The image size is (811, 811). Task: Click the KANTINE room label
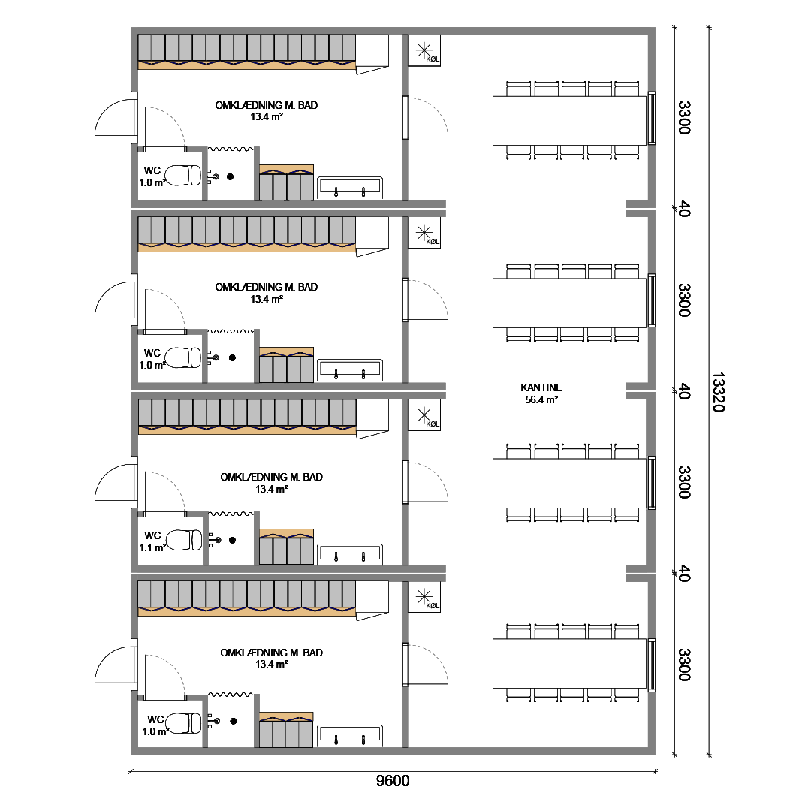(541, 387)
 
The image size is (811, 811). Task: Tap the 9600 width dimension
(393, 780)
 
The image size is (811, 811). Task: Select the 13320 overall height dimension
(719, 391)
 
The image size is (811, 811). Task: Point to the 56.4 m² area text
(541, 399)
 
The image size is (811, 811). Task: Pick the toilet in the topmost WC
(183, 175)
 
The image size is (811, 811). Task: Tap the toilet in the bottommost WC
(183, 723)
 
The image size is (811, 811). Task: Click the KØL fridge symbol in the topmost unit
(424, 50)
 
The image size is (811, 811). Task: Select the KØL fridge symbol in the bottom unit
(424, 597)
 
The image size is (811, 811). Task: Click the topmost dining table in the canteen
(569, 120)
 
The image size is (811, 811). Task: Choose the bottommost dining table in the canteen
(569, 664)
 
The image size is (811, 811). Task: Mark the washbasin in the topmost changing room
(350, 187)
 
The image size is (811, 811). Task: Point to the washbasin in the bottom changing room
(350, 735)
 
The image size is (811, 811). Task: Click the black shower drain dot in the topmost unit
(231, 177)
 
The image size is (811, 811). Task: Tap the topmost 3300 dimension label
(684, 118)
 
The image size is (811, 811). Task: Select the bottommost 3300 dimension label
(684, 665)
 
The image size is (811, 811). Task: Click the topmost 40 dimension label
(684, 210)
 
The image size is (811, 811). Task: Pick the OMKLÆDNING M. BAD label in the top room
(267, 105)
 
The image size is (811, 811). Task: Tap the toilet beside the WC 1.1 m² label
(184, 540)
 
